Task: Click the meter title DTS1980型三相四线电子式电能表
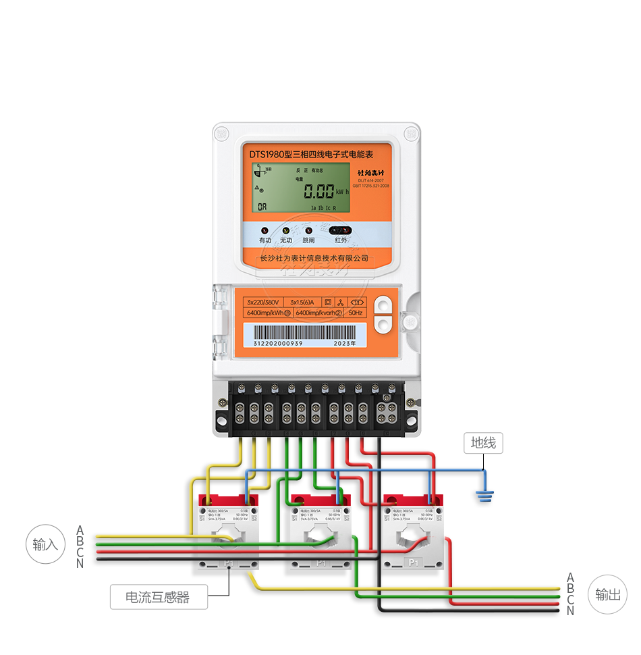(x=316, y=155)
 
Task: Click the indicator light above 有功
(x=265, y=230)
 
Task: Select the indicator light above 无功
(x=286, y=230)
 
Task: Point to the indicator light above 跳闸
(x=308, y=230)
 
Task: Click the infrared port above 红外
(x=341, y=230)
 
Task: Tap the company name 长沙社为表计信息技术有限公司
(x=314, y=258)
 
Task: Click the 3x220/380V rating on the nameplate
(x=262, y=302)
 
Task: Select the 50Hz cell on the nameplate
(x=356, y=313)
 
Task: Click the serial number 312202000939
(x=278, y=343)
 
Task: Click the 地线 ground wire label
(x=484, y=443)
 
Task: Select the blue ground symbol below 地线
(x=483, y=497)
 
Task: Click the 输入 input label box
(x=45, y=544)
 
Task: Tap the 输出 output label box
(x=607, y=594)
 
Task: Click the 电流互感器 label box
(x=159, y=597)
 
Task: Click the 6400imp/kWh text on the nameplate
(x=264, y=313)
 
